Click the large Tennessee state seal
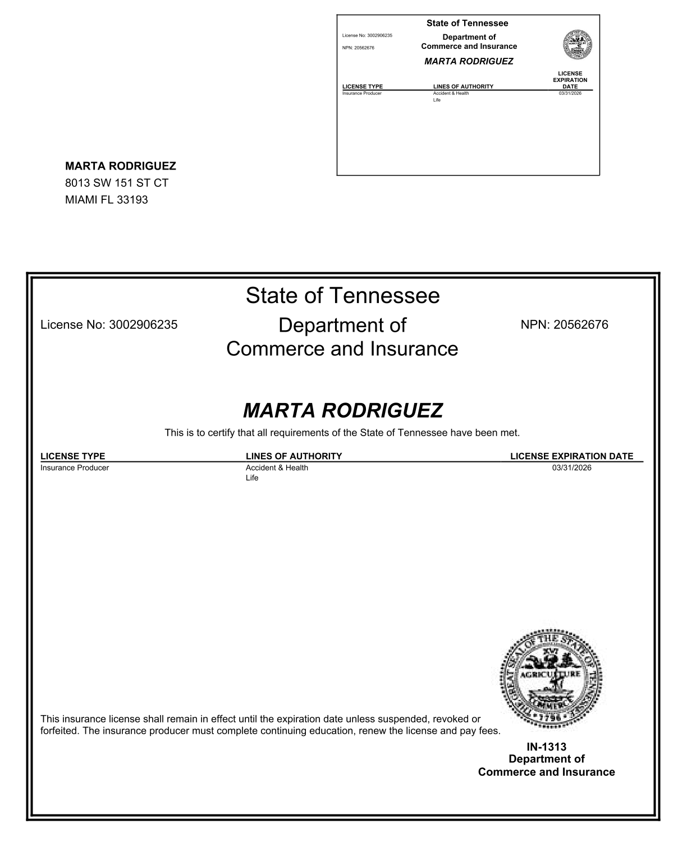(x=551, y=679)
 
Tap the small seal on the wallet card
(x=578, y=44)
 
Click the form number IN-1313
(x=546, y=747)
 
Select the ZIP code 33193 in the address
(x=132, y=200)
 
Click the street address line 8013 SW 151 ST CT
(x=117, y=183)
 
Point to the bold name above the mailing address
(x=121, y=166)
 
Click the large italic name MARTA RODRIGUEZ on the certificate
(x=342, y=411)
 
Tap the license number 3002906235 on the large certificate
(x=143, y=324)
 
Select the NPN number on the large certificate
(x=580, y=324)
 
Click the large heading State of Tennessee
(x=342, y=296)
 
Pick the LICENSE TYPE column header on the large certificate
(x=73, y=456)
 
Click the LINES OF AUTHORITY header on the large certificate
(x=294, y=456)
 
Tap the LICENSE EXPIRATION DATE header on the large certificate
(x=571, y=456)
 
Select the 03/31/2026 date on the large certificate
(x=571, y=468)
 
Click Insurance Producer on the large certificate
(x=75, y=468)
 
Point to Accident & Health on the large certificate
(x=277, y=468)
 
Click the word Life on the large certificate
(x=252, y=478)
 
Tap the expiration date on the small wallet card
(x=570, y=93)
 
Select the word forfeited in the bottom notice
(x=59, y=731)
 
